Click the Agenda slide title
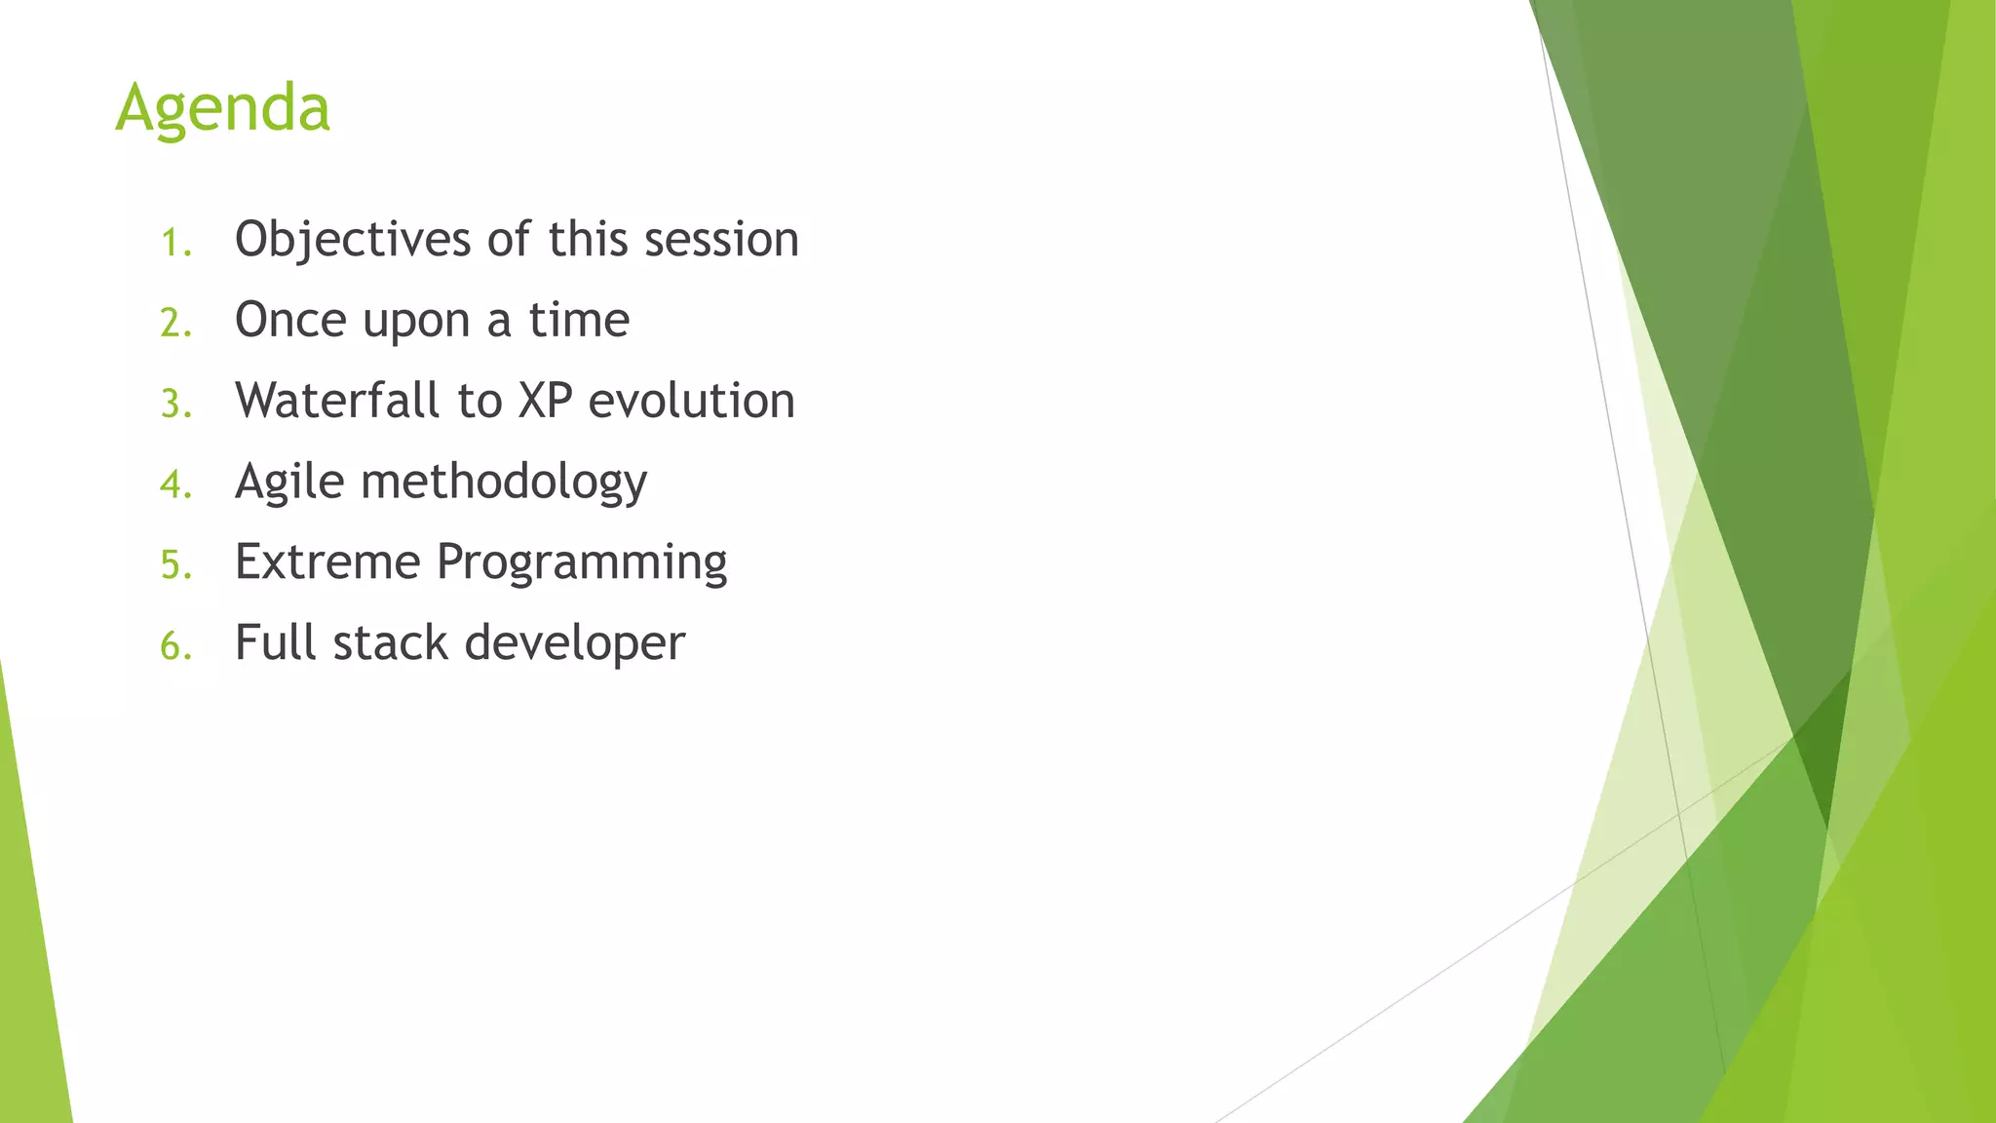coord(223,108)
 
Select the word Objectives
coord(352,240)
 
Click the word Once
coord(290,320)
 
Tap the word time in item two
coord(579,320)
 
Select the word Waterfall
coord(337,401)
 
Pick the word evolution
coord(692,401)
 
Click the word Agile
coord(289,483)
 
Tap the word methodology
coord(504,483)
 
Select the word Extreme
coord(327,562)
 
